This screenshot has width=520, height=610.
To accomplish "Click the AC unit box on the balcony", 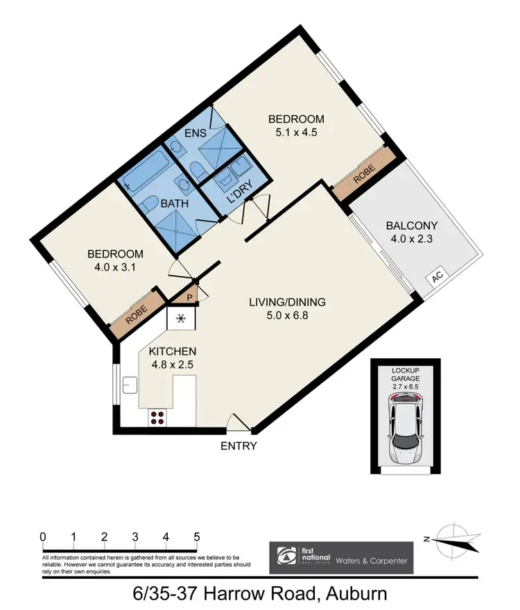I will click(437, 276).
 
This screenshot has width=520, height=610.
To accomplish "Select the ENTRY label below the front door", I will click(239, 446).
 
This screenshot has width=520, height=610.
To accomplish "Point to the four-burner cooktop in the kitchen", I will click(157, 418).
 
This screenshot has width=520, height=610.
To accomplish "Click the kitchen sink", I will click(130, 384).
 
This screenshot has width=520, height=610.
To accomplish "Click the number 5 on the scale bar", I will click(197, 536).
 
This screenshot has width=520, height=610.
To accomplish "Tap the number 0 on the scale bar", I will click(43, 536).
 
